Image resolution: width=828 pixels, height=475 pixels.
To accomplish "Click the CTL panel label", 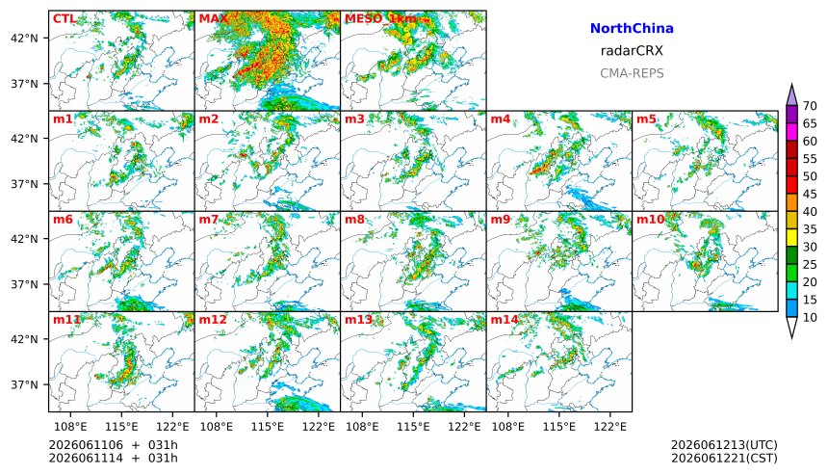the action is [x=64, y=19].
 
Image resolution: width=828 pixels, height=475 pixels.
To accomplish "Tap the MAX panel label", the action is [x=214, y=19].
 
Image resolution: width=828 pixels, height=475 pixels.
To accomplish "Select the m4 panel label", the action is [x=501, y=119].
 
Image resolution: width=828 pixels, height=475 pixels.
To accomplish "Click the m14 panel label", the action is [x=505, y=320].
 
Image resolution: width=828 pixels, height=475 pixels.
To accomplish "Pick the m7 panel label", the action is [x=209, y=220].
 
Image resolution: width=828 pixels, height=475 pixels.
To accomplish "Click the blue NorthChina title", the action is [x=632, y=29].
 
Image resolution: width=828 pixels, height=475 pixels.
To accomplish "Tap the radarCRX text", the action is [x=632, y=51].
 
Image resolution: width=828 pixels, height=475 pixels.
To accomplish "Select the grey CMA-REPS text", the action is [x=632, y=73].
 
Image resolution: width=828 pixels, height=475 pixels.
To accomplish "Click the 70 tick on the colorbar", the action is [x=810, y=106].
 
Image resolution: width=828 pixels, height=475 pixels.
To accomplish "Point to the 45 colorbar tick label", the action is [x=810, y=195].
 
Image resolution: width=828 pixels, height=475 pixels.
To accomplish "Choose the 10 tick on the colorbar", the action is [x=810, y=318].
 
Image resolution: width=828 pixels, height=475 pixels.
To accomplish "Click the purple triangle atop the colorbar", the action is [x=791, y=95].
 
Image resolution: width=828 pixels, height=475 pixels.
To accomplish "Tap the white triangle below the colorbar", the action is [x=791, y=327].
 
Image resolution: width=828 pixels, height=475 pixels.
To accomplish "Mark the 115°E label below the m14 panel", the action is [x=558, y=427].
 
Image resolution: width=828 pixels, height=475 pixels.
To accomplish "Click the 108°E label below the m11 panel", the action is [x=70, y=427].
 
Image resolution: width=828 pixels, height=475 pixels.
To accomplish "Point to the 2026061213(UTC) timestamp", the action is [x=724, y=445].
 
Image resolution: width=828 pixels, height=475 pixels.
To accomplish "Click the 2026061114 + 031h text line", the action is [x=113, y=458].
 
